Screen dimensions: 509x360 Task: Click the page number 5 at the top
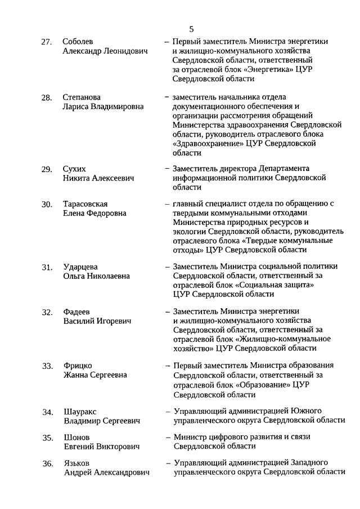pyautogui.click(x=191, y=29)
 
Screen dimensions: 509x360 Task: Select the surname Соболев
pyautogui.click(x=78, y=42)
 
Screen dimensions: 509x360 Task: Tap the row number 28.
pyautogui.click(x=47, y=98)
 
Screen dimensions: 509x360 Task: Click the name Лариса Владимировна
pyautogui.click(x=103, y=106)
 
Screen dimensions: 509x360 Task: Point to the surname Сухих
pyautogui.click(x=75, y=169)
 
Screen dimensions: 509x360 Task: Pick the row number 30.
pyautogui.click(x=47, y=204)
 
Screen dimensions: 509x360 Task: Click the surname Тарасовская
pyautogui.click(x=85, y=204)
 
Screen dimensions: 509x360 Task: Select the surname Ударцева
pyautogui.click(x=81, y=267)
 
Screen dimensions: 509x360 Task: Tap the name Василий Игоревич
pyautogui.click(x=97, y=321)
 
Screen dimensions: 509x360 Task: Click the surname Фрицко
pyautogui.click(x=78, y=366)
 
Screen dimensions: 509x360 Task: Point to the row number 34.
pyautogui.click(x=47, y=412)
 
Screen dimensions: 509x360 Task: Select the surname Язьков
pyautogui.click(x=76, y=463)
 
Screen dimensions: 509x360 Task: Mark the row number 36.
pyautogui.click(x=47, y=463)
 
